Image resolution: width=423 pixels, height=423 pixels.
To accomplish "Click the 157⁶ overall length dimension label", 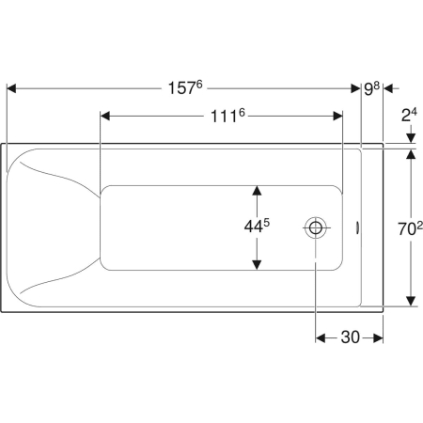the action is [185, 87].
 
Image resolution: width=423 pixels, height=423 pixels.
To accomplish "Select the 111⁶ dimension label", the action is [227, 116].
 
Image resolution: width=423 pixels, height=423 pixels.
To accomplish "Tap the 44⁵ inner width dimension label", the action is [257, 226].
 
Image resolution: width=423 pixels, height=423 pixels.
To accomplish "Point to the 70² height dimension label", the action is [410, 228].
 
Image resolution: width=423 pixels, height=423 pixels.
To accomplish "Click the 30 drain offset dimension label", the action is [350, 337].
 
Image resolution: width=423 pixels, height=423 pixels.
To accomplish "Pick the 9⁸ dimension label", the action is [371, 89].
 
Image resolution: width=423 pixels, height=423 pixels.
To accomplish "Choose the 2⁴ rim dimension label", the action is [409, 116].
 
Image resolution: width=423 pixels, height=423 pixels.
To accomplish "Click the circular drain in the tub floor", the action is [316, 227].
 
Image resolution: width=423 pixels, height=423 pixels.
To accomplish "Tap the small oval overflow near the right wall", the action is [357, 227].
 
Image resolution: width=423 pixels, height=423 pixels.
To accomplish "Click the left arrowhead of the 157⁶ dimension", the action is [11, 88].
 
